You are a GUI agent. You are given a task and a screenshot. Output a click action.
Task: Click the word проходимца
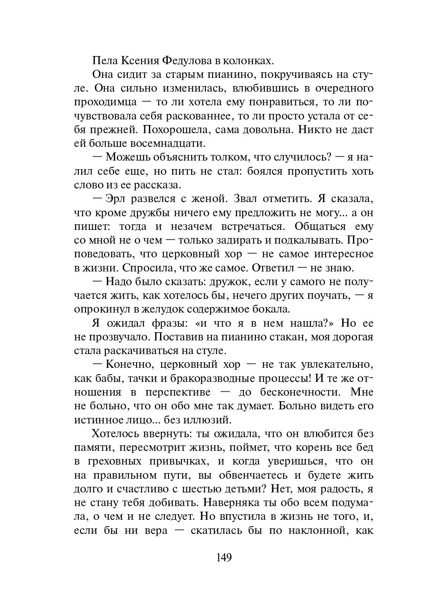(106, 102)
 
